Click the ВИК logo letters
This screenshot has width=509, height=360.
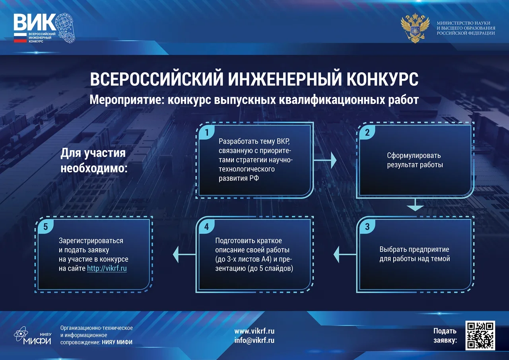pos(35,22)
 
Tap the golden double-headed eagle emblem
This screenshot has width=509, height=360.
pos(415,28)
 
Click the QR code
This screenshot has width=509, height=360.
pos(480,335)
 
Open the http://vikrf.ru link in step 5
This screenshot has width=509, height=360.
pos(107,269)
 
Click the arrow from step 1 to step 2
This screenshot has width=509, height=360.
pos(325,160)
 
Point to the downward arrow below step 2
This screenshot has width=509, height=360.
pos(415,205)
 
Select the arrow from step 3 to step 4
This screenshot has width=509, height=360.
pos(345,254)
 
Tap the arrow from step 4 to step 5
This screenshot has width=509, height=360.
pos(184,254)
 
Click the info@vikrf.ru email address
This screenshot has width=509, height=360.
pos(254,341)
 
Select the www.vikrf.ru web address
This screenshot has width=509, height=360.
pos(254,331)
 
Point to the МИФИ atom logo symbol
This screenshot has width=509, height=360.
pos(21,334)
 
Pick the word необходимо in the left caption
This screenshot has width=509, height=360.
pos(94,168)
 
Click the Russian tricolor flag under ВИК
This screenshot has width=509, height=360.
pos(20,38)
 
